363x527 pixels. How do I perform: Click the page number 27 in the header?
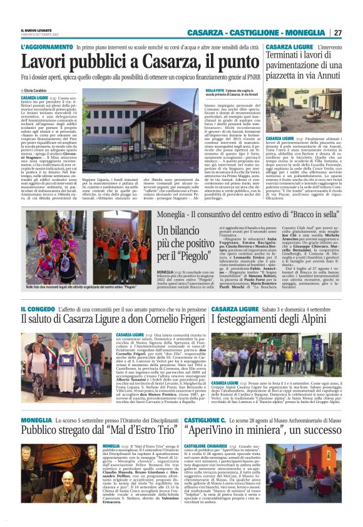click(337, 33)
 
